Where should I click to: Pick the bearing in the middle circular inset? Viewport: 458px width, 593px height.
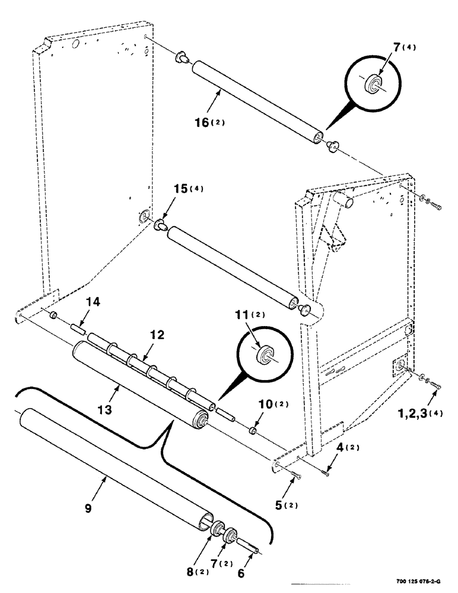click(x=263, y=356)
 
